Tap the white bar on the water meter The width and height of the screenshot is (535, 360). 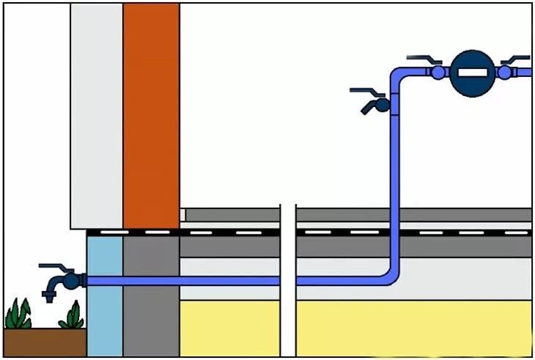tap(471, 73)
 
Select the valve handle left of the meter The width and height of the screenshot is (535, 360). tap(424, 57)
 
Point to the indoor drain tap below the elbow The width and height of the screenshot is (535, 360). tap(376, 105)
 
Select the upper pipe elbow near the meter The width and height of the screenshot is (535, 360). tap(399, 76)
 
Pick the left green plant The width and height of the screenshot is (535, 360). tap(18, 315)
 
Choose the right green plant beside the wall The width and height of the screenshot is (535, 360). tap(72, 316)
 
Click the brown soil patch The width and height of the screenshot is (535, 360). tap(44, 342)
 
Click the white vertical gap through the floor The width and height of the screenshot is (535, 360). tap(287, 293)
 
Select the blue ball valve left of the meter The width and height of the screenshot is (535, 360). tap(438, 72)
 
